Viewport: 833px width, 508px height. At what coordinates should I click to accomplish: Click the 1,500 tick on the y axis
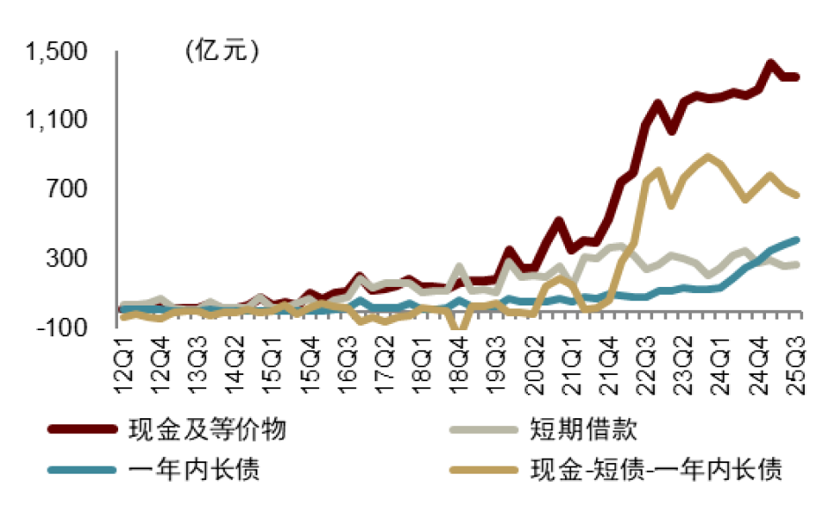pos(57,53)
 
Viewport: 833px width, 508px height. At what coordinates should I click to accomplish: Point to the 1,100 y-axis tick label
pos(57,121)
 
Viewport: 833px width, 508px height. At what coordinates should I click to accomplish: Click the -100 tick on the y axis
pos(63,328)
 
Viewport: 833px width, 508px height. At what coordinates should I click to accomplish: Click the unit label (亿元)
pos(221,51)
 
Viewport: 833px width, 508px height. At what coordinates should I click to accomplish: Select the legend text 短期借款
pos(583,431)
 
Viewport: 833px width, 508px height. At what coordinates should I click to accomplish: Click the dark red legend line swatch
pos(83,431)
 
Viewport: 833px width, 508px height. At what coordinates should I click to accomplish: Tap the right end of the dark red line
pos(797,77)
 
